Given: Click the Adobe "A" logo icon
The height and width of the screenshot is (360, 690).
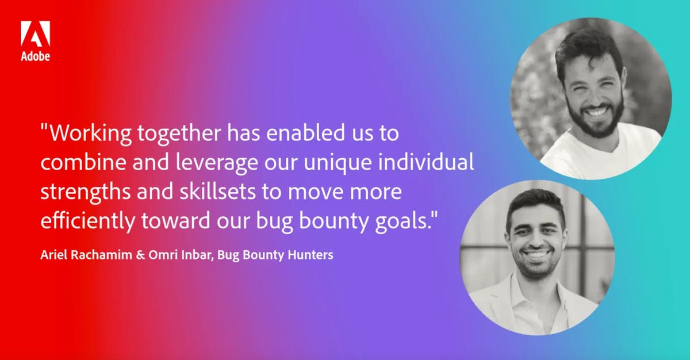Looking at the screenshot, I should [35, 35].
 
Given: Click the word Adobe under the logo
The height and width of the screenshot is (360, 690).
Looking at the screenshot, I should [35, 56].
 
